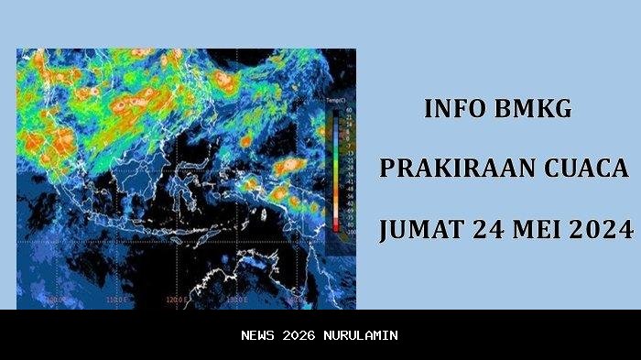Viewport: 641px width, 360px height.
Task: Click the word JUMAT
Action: point(418,229)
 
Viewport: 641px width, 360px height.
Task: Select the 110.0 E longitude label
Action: point(115,299)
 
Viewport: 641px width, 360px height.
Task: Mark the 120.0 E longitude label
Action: point(177,299)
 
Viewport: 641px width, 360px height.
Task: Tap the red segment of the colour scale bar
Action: point(336,220)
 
